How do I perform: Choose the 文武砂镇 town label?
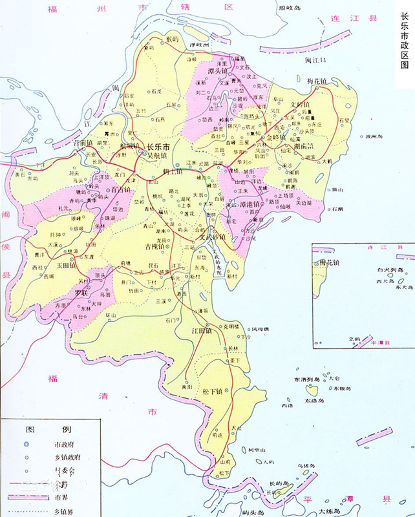click(211, 237)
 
